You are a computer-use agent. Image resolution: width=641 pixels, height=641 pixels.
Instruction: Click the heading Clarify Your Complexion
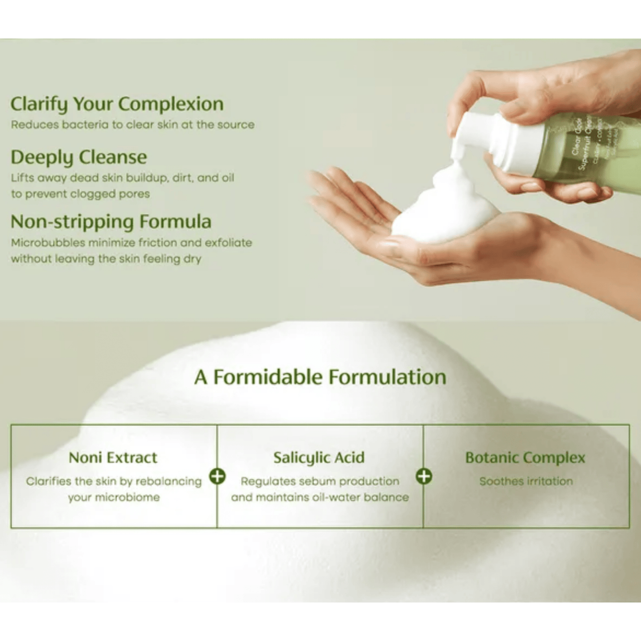tap(117, 104)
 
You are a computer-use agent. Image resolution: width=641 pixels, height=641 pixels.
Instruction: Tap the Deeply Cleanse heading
tap(79, 157)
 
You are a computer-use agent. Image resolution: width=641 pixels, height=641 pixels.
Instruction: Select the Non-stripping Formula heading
tap(111, 222)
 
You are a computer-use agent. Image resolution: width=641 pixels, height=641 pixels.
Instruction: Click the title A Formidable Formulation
tap(320, 377)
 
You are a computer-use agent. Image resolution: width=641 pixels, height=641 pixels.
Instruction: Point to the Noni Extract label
tap(113, 457)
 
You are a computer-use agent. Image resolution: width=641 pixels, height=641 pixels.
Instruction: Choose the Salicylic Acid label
tap(319, 457)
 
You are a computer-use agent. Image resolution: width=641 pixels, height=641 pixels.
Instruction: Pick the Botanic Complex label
tap(525, 457)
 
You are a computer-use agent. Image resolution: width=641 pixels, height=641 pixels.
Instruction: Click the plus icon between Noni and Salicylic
tap(217, 476)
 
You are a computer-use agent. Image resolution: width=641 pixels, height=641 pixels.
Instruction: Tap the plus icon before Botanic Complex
tap(424, 476)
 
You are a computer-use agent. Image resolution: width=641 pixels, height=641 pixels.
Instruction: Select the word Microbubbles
tap(48, 243)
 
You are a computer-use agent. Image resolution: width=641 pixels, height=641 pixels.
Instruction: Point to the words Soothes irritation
tap(526, 481)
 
